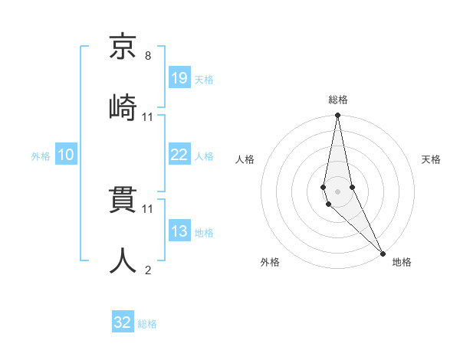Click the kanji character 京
pyautogui.click(x=123, y=48)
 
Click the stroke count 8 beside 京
pyautogui.click(x=147, y=56)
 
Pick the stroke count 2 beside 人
pyautogui.click(x=147, y=270)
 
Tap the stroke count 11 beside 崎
pyautogui.click(x=148, y=117)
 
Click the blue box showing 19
pyautogui.click(x=179, y=77)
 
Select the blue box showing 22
pyautogui.click(x=179, y=155)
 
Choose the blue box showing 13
pyautogui.click(x=179, y=231)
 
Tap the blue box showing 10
pyautogui.click(x=66, y=155)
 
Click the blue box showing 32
pyautogui.click(x=123, y=322)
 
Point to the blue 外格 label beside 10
pyautogui.click(x=41, y=156)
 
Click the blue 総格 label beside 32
pyautogui.click(x=147, y=324)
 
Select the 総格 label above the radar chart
pyautogui.click(x=338, y=100)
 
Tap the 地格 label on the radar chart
pyautogui.click(x=402, y=262)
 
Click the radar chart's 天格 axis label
pyautogui.click(x=431, y=159)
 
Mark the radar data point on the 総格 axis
pyautogui.click(x=337, y=116)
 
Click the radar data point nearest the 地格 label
pyautogui.click(x=382, y=252)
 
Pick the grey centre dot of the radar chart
pyautogui.click(x=337, y=191)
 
